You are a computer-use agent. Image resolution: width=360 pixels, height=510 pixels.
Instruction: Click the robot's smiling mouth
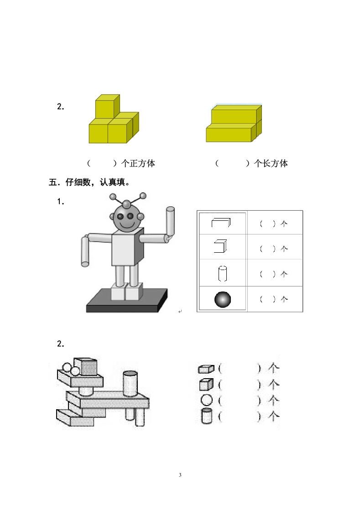[x=125, y=224]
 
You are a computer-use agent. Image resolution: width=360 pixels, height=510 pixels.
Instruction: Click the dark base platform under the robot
[x=127, y=301]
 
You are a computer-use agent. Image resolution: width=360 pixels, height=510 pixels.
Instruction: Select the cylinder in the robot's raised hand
[x=170, y=223]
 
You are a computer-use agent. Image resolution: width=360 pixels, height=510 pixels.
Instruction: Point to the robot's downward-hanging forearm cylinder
[x=85, y=252]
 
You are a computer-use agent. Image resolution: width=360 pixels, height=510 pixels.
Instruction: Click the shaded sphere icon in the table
[x=223, y=299]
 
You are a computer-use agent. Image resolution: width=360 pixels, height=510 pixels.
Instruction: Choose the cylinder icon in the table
[x=223, y=274]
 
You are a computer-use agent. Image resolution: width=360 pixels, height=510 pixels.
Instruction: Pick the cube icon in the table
[x=220, y=246]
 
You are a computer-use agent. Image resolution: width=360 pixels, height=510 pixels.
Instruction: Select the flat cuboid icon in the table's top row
[x=221, y=223]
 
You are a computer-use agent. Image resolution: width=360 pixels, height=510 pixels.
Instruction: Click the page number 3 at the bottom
[x=180, y=475]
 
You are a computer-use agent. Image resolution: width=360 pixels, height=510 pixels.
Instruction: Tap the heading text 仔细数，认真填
[x=96, y=182]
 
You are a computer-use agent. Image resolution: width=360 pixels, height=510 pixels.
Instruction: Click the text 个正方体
[x=138, y=163]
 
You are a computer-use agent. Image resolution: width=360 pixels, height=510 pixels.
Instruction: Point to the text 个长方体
[x=271, y=163]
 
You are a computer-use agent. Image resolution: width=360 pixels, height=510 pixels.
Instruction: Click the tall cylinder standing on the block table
[x=130, y=384]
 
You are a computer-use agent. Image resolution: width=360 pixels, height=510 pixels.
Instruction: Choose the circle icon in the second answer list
[x=207, y=400]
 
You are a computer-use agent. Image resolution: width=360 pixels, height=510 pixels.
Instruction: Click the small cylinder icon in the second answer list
[x=207, y=416]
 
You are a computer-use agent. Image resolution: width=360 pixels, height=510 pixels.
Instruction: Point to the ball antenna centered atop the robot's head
[x=126, y=204]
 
